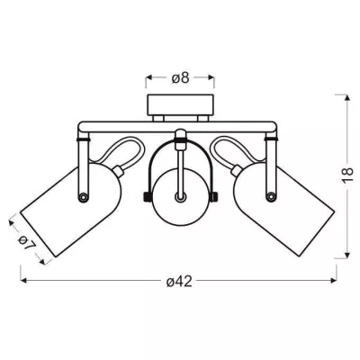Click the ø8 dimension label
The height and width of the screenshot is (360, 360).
pos(181,76)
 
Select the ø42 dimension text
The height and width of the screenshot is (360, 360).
pos(180,282)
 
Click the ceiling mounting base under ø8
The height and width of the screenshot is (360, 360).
pos(180,106)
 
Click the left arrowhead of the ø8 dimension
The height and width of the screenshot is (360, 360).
pos(148,76)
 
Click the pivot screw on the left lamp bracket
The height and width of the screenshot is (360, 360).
pos(86,196)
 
